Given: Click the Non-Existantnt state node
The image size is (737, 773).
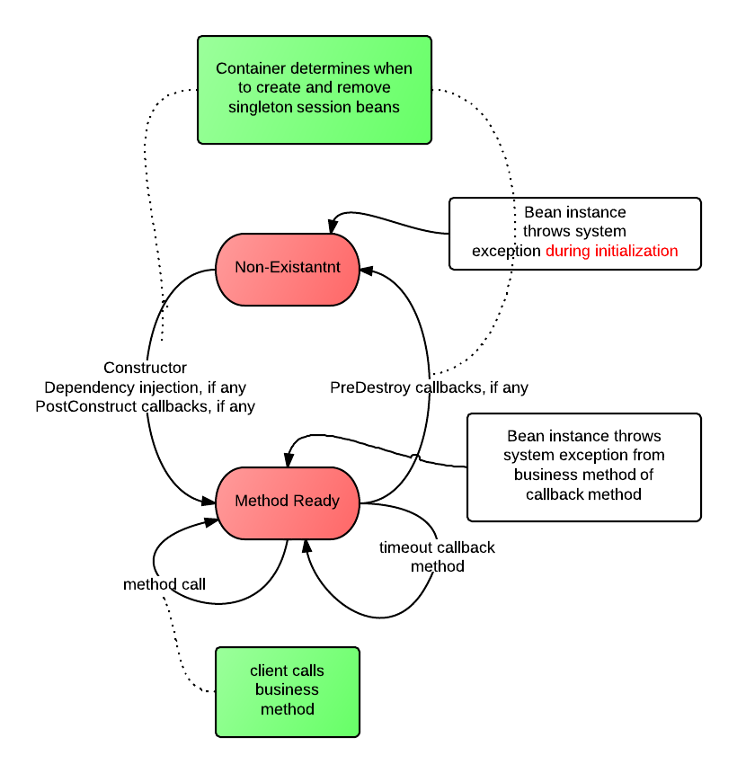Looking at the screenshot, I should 287,269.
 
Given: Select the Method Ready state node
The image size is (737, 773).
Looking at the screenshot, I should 287,502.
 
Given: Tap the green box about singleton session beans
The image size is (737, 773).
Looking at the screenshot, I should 314,89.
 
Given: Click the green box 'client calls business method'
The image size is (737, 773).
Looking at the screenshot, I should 287,690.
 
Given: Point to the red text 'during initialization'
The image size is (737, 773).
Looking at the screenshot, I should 611,251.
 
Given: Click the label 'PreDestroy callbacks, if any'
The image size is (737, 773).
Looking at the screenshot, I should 429,388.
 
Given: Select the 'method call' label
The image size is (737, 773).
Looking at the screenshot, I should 164,584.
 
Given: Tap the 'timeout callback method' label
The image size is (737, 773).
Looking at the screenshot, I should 437,556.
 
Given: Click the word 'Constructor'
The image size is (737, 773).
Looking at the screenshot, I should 145,368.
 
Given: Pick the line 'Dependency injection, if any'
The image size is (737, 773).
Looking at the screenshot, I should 145,387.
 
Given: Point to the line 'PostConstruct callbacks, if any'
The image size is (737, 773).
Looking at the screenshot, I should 145,406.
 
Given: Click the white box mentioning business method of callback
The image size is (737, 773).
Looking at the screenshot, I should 583,466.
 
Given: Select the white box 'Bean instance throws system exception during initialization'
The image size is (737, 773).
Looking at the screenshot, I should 574,233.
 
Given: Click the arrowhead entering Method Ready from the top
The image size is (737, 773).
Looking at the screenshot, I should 289,459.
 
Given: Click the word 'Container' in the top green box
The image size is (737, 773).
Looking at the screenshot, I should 251,69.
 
